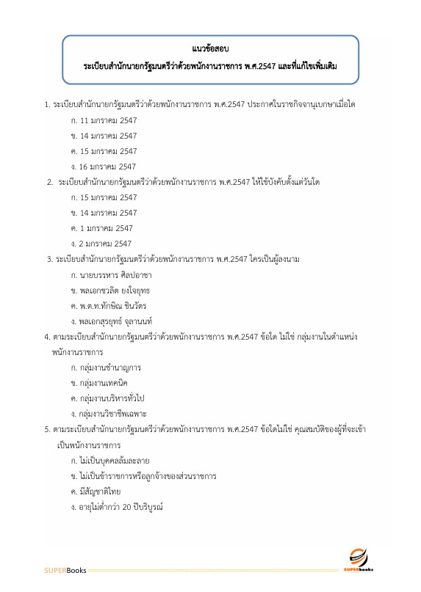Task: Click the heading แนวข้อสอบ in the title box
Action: tap(211, 48)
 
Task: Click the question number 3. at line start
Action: tap(48, 259)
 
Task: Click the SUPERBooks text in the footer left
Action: tap(65, 570)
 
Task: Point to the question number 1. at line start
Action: tap(47, 105)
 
